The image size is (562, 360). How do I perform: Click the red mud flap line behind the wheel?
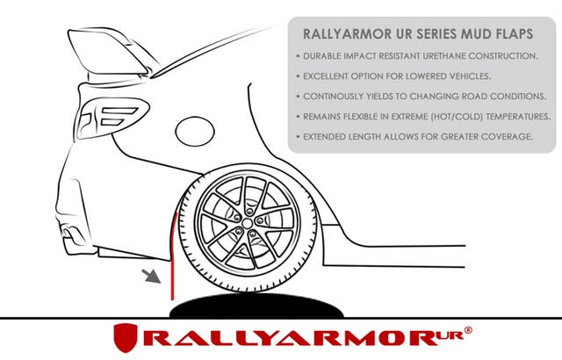[x=173, y=256]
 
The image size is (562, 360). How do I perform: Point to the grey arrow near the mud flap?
[x=151, y=277]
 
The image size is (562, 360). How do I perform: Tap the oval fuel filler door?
[x=195, y=132]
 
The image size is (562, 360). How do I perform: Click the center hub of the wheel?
[x=247, y=224]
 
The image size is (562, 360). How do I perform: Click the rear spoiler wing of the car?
[x=107, y=53]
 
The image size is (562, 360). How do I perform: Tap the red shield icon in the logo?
[x=126, y=337]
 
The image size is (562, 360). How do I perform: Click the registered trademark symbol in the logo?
[x=468, y=330]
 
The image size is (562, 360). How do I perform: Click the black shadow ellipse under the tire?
[x=256, y=306]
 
